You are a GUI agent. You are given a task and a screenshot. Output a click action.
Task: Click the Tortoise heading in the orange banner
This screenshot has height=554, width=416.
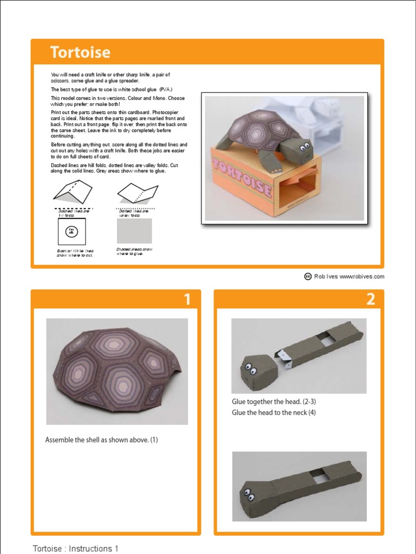pyautogui.click(x=80, y=52)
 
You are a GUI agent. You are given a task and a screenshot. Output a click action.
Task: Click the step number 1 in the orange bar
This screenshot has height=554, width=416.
pyautogui.click(x=187, y=299)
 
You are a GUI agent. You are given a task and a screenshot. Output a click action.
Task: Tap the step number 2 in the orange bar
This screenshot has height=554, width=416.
pyautogui.click(x=370, y=299)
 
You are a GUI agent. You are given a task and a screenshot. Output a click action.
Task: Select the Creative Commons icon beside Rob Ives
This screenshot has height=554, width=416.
pyautogui.click(x=308, y=276)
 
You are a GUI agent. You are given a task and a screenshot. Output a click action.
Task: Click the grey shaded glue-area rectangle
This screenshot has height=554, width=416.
pyautogui.click(x=134, y=231)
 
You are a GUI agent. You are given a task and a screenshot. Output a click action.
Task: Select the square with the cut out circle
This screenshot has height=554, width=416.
pyautogui.click(x=72, y=232)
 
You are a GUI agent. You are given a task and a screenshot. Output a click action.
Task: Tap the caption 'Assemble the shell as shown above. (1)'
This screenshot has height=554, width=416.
pyautogui.click(x=101, y=440)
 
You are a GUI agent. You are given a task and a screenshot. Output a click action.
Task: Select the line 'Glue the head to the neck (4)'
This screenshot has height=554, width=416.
pyautogui.click(x=274, y=413)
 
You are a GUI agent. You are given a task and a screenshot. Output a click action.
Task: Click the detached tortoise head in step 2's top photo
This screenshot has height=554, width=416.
pyautogui.click(x=256, y=372)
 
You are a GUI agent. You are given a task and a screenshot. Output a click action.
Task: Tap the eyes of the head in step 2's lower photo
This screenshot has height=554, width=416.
pyautogui.click(x=249, y=493)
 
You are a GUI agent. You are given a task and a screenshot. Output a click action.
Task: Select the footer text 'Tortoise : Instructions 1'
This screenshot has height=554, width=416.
pyautogui.click(x=75, y=549)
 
